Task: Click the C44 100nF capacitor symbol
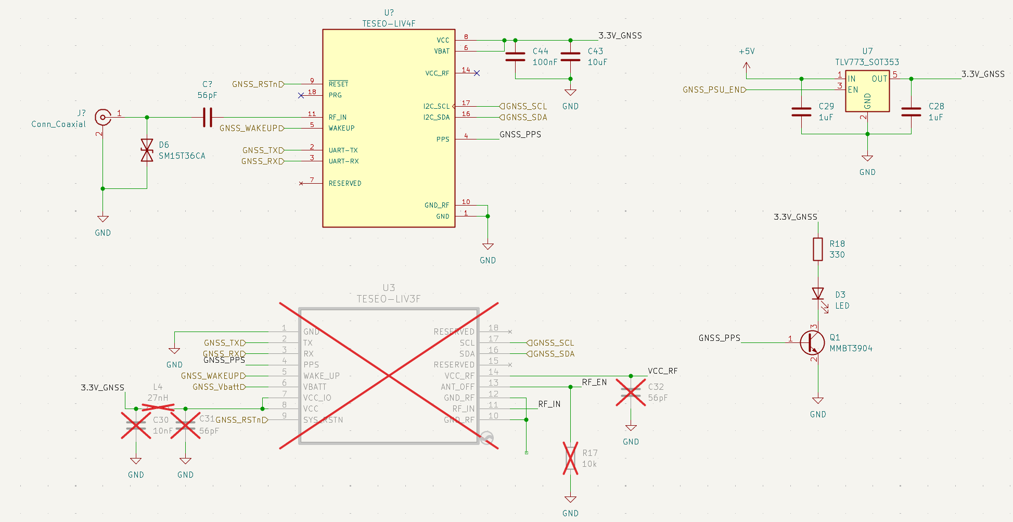pyautogui.click(x=515, y=57)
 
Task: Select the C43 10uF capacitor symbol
pyautogui.click(x=570, y=57)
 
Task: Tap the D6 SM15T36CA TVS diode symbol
pyautogui.click(x=147, y=150)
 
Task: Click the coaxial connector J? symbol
pyautogui.click(x=103, y=117)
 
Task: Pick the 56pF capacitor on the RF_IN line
pyautogui.click(x=208, y=117)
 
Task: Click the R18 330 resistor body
pyautogui.click(x=818, y=249)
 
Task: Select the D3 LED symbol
pyautogui.click(x=818, y=295)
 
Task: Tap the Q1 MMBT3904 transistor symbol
pyautogui.click(x=812, y=342)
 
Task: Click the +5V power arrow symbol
pyautogui.click(x=747, y=66)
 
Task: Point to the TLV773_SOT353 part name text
pyautogui.click(x=867, y=62)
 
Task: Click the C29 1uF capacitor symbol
pyautogui.click(x=801, y=111)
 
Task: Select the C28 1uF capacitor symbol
pyautogui.click(x=911, y=111)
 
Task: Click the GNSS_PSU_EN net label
pyautogui.click(x=714, y=90)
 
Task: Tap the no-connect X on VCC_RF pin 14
pyautogui.click(x=477, y=73)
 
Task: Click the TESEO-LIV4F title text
pyautogui.click(x=389, y=23)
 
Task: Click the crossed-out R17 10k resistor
pyautogui.click(x=570, y=458)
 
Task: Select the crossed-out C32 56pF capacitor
pyautogui.click(x=631, y=392)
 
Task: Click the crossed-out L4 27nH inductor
pyautogui.click(x=158, y=408)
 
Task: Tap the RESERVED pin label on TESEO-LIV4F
pyautogui.click(x=344, y=183)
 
